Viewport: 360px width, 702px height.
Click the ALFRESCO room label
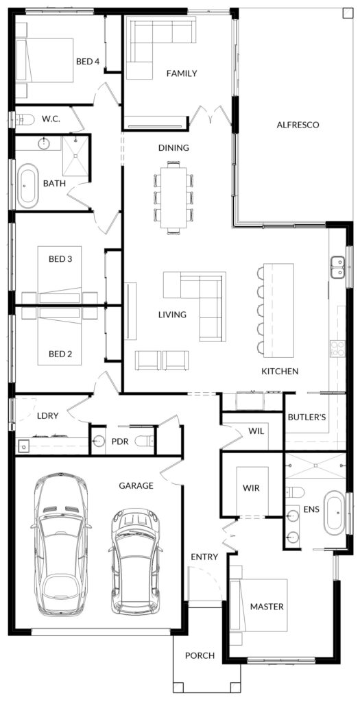298,125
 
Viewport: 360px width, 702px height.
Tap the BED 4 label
87,61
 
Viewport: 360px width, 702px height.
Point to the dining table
173,197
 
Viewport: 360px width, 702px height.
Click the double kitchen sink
337,267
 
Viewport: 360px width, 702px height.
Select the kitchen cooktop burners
337,349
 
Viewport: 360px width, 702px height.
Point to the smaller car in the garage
135,561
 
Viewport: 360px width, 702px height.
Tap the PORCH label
200,655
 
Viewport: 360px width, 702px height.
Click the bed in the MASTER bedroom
259,605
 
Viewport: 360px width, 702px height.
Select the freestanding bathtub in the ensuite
335,513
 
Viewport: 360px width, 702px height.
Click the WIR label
251,487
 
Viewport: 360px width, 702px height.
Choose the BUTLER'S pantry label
307,417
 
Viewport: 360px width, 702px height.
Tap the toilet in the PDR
145,441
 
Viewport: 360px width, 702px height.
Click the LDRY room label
48,415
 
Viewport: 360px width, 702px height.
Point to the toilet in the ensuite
295,492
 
